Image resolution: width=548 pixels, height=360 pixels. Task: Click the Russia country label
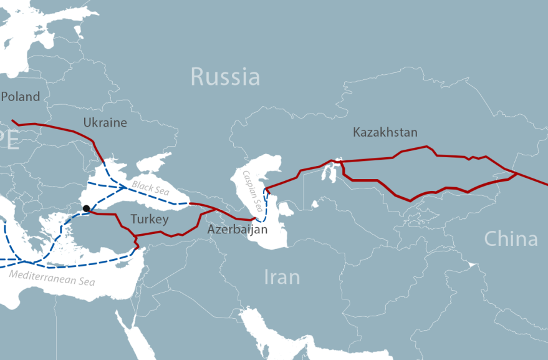click(225, 77)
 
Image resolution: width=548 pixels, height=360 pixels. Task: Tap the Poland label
click(21, 97)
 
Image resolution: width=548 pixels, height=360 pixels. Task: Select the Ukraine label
click(105, 122)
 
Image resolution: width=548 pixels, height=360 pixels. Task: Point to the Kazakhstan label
click(385, 132)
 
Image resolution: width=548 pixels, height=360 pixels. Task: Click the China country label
click(511, 238)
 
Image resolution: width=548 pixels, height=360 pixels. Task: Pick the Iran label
click(282, 276)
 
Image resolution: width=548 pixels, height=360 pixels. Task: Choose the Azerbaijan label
click(238, 230)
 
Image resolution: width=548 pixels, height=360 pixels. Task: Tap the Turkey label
click(150, 219)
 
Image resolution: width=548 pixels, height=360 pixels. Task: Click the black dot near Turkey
click(86, 209)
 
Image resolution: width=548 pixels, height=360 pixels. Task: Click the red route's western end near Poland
click(13, 121)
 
